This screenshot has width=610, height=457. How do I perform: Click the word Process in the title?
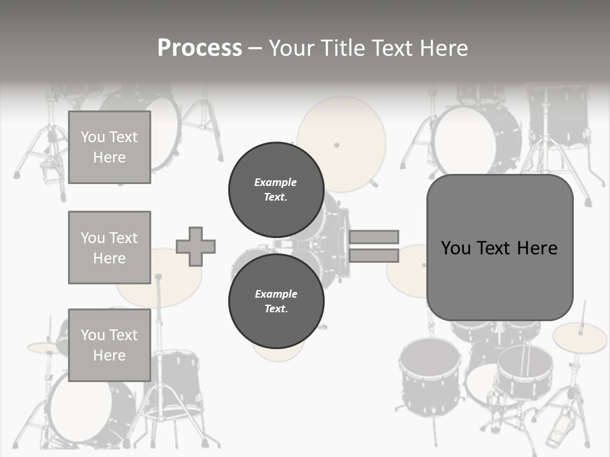click(200, 48)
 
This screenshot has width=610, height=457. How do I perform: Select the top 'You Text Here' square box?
click(109, 147)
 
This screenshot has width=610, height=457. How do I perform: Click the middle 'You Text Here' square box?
click(109, 248)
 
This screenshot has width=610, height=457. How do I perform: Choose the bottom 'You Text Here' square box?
click(109, 345)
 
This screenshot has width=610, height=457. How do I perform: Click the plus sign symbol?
click(196, 246)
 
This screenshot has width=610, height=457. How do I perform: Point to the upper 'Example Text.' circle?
click(276, 190)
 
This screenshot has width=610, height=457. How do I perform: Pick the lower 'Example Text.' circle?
click(276, 301)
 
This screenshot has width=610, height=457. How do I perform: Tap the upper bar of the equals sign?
click(374, 237)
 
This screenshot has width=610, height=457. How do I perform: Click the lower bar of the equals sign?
click(374, 255)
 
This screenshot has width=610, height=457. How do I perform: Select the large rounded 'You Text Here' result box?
click(499, 248)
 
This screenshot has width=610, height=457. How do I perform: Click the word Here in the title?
click(445, 48)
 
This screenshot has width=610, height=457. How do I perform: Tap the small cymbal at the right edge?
click(579, 338)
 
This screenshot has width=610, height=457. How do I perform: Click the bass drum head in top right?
click(467, 140)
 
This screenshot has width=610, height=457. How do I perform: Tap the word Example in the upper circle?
click(275, 182)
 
